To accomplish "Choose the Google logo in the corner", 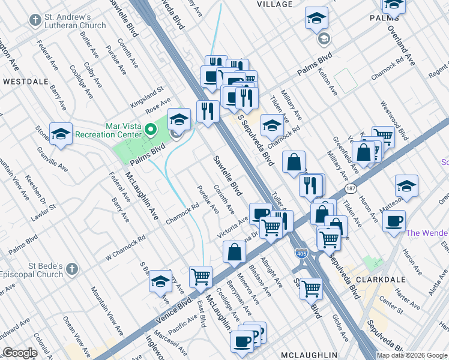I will tap(20, 353).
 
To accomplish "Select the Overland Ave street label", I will tap(402, 46).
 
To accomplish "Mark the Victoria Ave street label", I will tap(232, 227).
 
